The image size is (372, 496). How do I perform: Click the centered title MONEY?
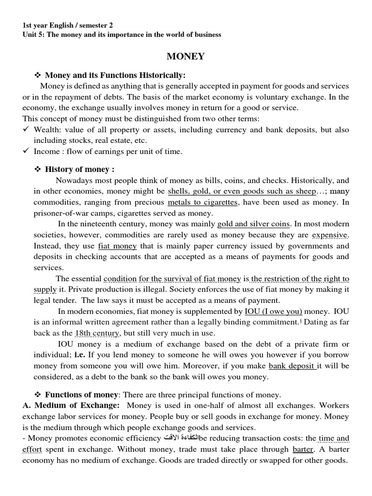tap(186, 57)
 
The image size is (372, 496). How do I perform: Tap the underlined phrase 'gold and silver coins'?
tap(253, 224)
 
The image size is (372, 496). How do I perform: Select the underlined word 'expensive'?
tap(330, 235)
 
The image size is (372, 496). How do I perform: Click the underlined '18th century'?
tap(97, 333)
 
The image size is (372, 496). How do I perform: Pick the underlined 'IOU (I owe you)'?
tap(274, 311)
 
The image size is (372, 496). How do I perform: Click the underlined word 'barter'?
tap(303, 449)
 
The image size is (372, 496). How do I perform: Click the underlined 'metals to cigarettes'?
tap(203, 202)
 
